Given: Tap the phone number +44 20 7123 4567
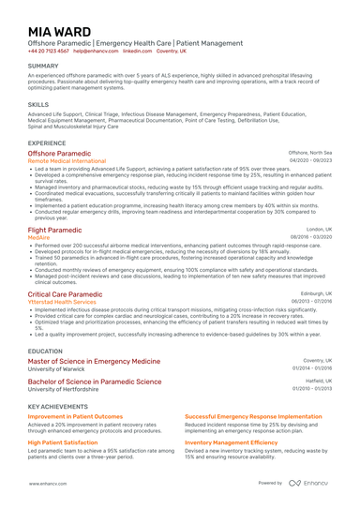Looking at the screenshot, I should tap(48, 52).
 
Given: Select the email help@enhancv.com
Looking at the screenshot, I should tap(97, 52).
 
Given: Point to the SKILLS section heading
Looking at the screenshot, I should tap(38, 105).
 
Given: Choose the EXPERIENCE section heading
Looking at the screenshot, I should tap(47, 143).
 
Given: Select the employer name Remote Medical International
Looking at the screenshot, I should tap(70, 160).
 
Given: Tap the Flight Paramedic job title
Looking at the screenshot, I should tap(54, 230).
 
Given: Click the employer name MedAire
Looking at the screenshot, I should tap(39, 238).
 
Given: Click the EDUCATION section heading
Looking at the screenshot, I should tap(46, 351).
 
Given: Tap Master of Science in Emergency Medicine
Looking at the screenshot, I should tap(94, 361).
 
